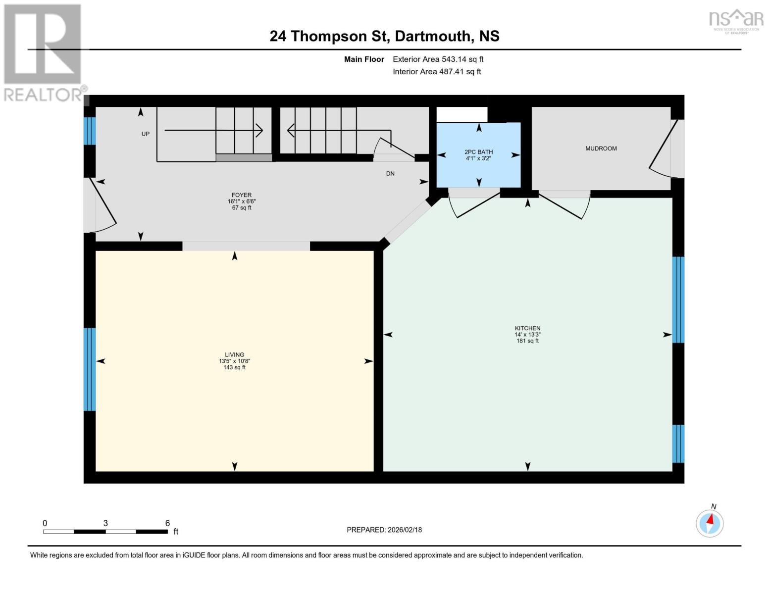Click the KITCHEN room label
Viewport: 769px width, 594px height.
point(527,328)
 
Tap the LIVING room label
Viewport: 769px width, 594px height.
point(234,354)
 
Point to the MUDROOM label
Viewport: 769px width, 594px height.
point(601,148)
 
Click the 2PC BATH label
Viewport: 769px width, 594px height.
point(478,152)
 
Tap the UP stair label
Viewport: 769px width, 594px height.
point(145,134)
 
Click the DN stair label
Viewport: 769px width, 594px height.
point(390,174)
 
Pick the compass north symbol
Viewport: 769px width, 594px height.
point(710,522)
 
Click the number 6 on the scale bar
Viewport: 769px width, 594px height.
point(167,523)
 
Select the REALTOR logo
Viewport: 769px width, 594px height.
point(43,52)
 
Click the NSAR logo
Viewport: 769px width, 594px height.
point(736,20)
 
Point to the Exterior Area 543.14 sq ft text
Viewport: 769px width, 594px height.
point(438,59)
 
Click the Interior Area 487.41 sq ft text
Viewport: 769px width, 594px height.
point(437,72)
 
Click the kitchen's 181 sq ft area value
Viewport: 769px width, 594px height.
point(527,341)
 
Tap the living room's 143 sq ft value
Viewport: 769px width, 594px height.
point(234,367)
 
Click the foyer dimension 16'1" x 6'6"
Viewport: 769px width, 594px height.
point(242,201)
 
